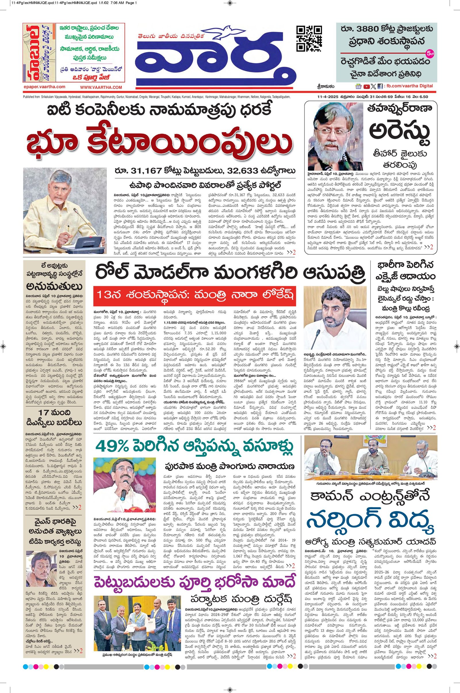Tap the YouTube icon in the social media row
coord(366,86)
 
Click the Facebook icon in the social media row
coord(380,86)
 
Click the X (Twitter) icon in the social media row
coord(373,86)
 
